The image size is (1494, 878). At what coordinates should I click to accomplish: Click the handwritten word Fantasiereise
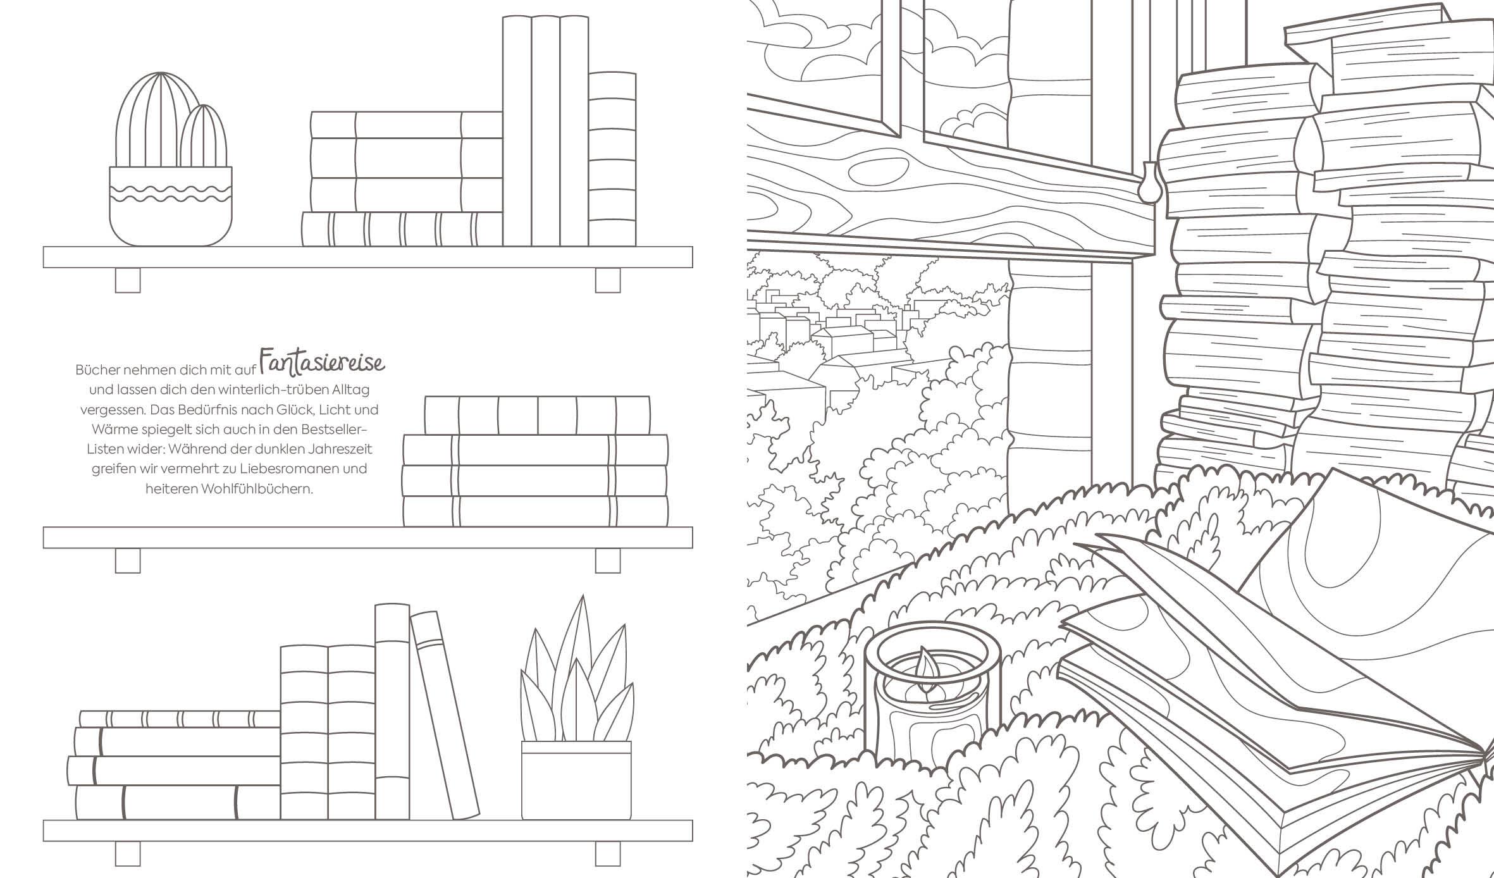coord(322,362)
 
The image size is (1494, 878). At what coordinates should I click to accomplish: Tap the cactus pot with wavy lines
coord(171,206)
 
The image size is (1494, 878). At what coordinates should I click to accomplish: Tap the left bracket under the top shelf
coord(127,280)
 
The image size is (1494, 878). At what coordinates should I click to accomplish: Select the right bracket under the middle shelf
coord(608,560)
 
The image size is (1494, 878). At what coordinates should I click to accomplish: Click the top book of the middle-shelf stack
coord(538,415)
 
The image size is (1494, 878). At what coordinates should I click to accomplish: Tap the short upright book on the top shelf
coord(612,159)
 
